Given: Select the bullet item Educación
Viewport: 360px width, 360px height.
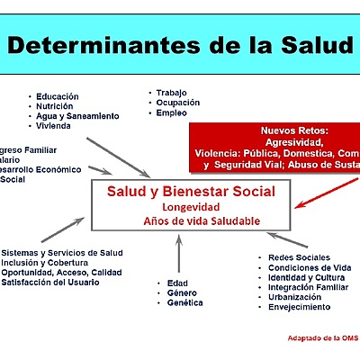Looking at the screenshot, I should point(58,96).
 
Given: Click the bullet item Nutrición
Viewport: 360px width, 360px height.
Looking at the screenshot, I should point(56,106).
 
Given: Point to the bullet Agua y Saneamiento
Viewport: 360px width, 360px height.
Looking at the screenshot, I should point(76,116).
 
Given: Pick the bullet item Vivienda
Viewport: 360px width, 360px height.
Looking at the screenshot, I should point(55,126).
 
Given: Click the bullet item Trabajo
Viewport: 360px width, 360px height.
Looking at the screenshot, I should point(171,93).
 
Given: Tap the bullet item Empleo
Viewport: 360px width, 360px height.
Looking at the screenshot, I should point(171,113).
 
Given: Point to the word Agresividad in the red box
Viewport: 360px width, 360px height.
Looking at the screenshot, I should point(293,141).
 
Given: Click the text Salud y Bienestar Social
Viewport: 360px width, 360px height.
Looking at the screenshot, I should point(191,193).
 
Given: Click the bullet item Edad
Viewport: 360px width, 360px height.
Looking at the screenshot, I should point(177,283).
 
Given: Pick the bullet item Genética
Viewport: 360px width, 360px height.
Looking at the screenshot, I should point(184,303).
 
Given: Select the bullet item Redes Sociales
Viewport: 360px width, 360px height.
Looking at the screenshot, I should point(299,257).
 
